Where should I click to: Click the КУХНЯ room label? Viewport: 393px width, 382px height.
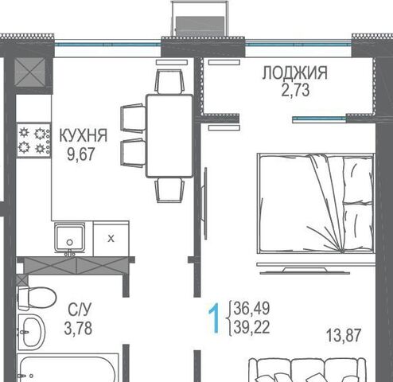click(84, 135)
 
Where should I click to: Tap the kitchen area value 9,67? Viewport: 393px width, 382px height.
click(81, 154)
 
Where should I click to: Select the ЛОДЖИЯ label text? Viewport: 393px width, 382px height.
click(295, 72)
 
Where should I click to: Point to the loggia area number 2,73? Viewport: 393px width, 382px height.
click(295, 90)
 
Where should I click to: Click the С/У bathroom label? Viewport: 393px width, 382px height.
click(80, 310)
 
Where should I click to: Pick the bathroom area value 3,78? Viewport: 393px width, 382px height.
click(78, 328)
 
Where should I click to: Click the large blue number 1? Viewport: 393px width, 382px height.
click(214, 318)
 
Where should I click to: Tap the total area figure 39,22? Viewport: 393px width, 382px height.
click(251, 327)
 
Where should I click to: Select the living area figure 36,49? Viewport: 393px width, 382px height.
click(251, 308)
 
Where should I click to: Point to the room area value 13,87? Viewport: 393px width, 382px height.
click(344, 335)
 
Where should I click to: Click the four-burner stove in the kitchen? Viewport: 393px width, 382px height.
click(33, 140)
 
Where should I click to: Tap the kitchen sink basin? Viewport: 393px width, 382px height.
click(70, 238)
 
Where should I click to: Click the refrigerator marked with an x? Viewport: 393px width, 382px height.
click(111, 239)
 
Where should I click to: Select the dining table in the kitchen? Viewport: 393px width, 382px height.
click(169, 136)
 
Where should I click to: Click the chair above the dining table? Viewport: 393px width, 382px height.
click(169, 81)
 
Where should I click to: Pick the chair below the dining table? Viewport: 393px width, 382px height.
click(169, 190)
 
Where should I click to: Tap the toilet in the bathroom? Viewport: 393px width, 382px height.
click(37, 298)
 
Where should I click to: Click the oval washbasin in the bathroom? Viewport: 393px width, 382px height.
click(31, 332)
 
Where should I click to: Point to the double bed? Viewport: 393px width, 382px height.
click(316, 204)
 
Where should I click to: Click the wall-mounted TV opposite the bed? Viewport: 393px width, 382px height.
click(204, 203)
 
